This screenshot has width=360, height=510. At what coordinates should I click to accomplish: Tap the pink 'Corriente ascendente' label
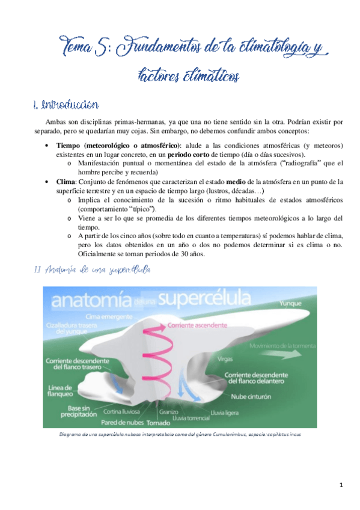point(192,325)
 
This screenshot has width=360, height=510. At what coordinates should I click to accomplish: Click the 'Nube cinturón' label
point(248,397)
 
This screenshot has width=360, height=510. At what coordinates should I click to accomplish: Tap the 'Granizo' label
point(169,412)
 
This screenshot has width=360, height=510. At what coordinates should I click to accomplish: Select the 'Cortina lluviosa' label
point(122,412)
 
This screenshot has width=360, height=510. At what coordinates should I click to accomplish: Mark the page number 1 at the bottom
point(340,485)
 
